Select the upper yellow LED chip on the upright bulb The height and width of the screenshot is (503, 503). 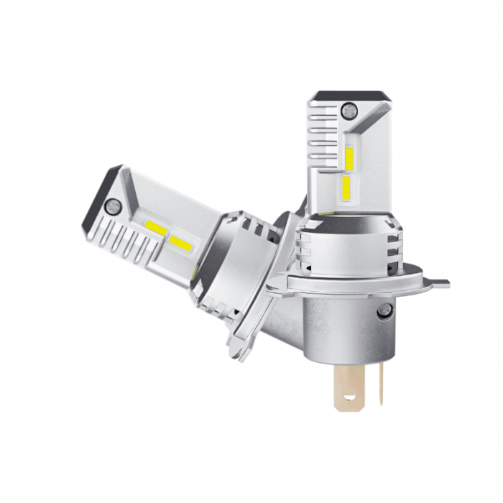pyautogui.click(x=350, y=158)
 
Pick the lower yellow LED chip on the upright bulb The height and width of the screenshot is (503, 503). pyautogui.click(x=346, y=188)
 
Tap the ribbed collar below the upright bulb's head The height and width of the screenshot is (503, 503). pyautogui.click(x=338, y=244)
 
